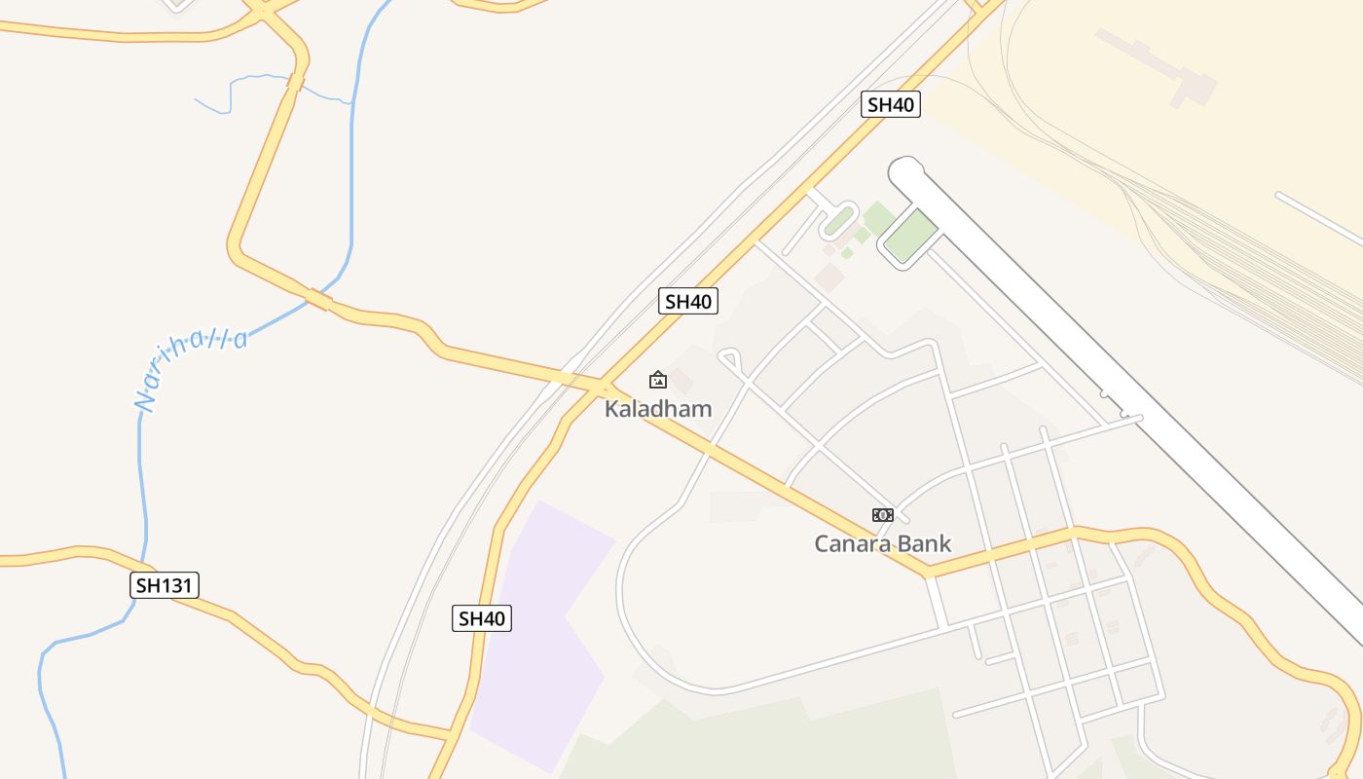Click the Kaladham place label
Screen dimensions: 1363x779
(658, 409)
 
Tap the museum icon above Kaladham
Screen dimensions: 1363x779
(658, 380)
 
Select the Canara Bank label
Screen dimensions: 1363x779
(882, 544)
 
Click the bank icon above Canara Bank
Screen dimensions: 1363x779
(882, 515)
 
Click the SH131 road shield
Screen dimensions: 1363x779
(165, 585)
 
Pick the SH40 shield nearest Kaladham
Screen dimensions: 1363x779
(688, 302)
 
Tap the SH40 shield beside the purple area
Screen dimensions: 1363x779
(482, 618)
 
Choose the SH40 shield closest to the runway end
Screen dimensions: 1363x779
(890, 105)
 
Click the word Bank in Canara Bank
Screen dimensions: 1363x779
(922, 544)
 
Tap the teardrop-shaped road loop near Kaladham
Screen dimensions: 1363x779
(731, 360)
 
